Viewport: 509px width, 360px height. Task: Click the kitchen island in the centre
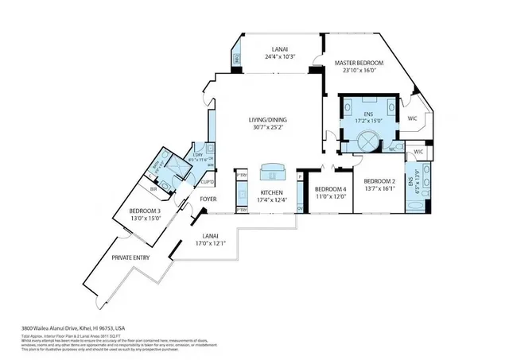click(x=272, y=170)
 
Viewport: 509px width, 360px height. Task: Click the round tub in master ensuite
click(x=368, y=141)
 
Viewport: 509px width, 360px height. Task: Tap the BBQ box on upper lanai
click(x=237, y=58)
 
